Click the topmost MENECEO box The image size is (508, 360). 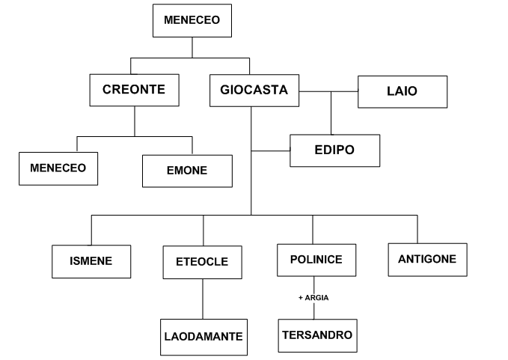[x=192, y=21]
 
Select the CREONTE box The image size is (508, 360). [x=134, y=90]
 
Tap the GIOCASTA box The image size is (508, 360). [x=254, y=91]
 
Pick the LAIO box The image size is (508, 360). [x=403, y=91]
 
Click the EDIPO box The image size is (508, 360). [x=334, y=150]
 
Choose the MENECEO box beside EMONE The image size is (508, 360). [x=58, y=168]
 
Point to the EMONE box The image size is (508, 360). [x=187, y=170]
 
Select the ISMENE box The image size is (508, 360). [x=91, y=262]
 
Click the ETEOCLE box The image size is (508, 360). [x=203, y=262]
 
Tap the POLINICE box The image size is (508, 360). [x=316, y=260]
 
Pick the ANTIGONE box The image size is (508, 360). [x=428, y=260]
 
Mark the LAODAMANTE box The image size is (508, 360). [x=203, y=336]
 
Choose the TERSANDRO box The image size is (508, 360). [x=316, y=334]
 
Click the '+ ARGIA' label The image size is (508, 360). [x=313, y=297]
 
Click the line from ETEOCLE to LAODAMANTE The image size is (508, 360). [x=203, y=299]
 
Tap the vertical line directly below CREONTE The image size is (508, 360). [x=135, y=120]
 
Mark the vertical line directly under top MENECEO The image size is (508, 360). [x=192, y=47]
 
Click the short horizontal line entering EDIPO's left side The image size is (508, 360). [x=270, y=150]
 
